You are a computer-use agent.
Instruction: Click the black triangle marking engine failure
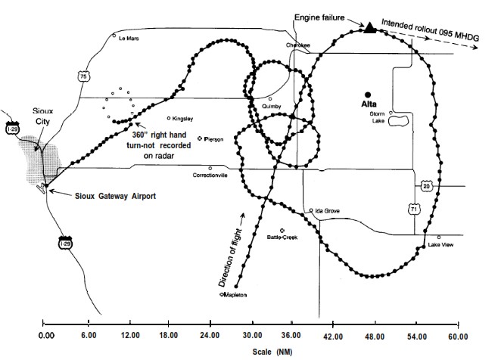click(x=369, y=27)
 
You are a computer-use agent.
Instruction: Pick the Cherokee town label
click(x=298, y=45)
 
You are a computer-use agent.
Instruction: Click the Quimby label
click(x=272, y=107)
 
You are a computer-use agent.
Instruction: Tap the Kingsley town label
click(x=183, y=119)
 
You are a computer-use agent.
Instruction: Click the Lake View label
click(x=440, y=244)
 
